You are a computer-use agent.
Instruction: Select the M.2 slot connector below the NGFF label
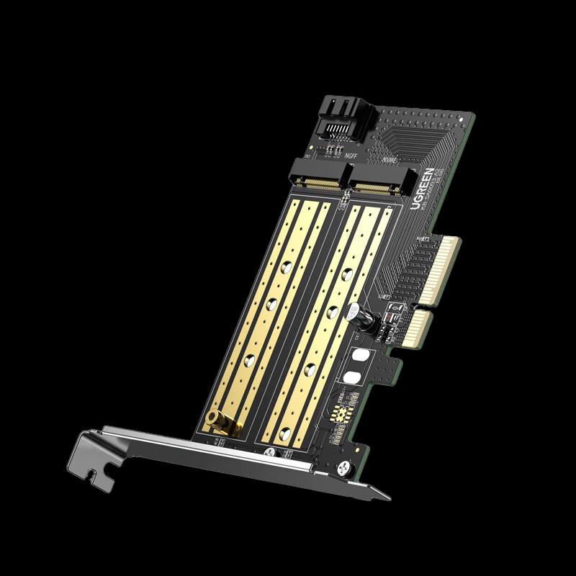click(x=318, y=181)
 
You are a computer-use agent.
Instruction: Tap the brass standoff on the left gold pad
click(x=214, y=418)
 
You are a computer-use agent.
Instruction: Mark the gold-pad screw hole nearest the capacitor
click(x=333, y=311)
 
